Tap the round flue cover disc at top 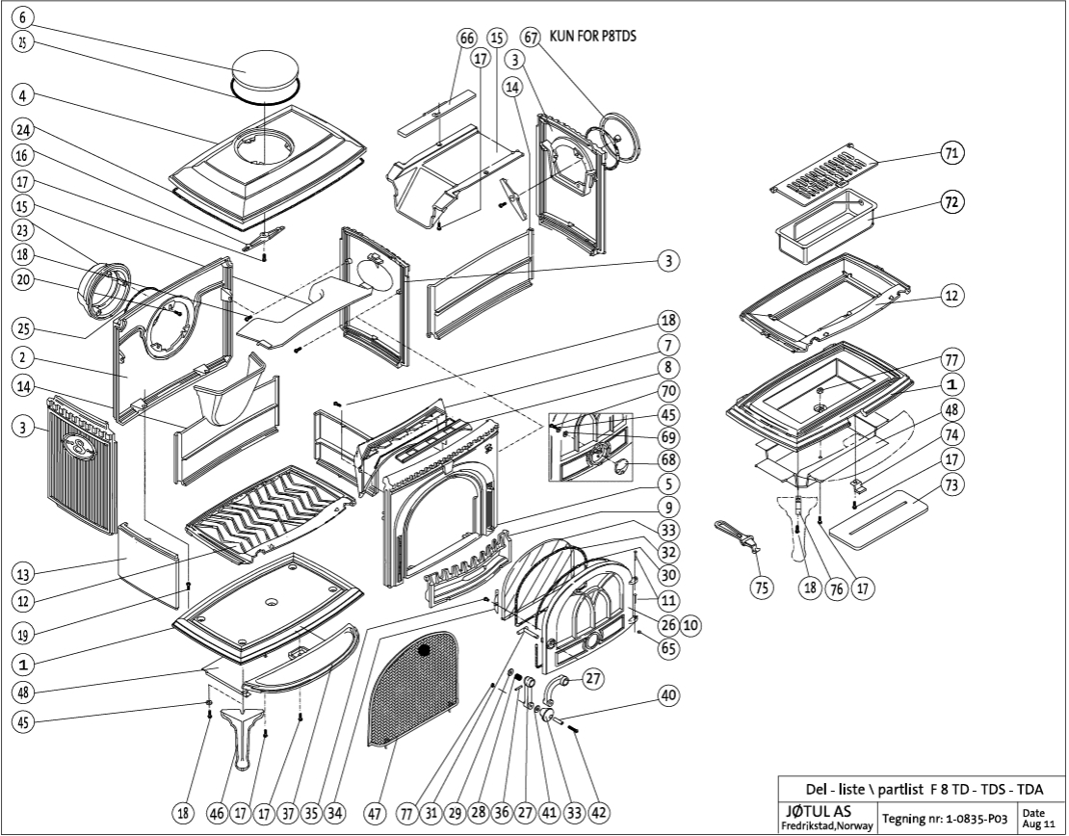click(x=263, y=74)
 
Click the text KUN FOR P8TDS click(x=592, y=37)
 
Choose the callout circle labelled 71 click(x=953, y=153)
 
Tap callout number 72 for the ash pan click(x=953, y=203)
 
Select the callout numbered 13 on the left click(x=24, y=574)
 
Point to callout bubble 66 click(x=467, y=38)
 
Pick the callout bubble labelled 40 click(x=668, y=694)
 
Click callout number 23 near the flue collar click(x=24, y=230)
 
